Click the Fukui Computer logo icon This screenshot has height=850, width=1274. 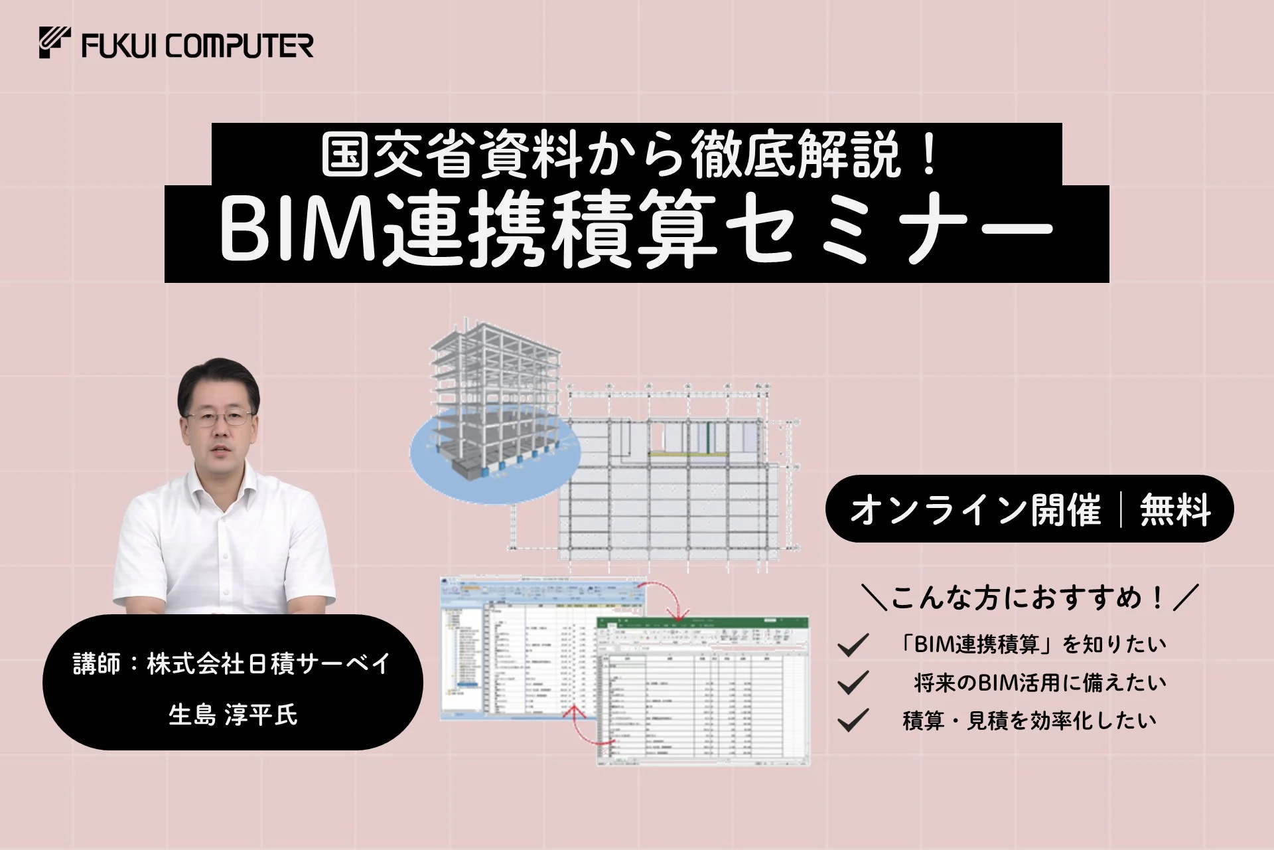(x=55, y=42)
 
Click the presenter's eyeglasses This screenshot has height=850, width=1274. (x=219, y=419)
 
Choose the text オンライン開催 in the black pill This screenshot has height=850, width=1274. (x=975, y=510)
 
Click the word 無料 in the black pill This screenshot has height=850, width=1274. (x=1175, y=510)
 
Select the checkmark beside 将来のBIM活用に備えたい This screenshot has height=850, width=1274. (x=853, y=683)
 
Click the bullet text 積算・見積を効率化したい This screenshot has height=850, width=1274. (x=1029, y=721)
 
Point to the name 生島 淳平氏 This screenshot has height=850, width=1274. (x=233, y=715)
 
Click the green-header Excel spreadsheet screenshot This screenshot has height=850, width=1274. (x=703, y=691)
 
